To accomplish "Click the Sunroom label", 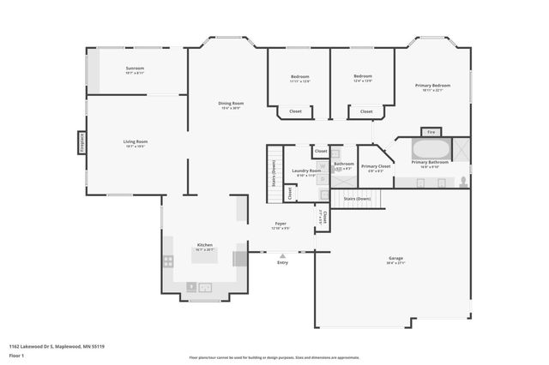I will [x=135, y=68].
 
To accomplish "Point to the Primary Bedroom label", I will [x=432, y=86].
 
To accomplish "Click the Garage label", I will [x=395, y=258].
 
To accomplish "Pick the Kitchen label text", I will [x=204, y=244].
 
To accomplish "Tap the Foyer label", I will [x=281, y=225].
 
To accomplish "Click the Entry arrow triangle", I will [x=282, y=255].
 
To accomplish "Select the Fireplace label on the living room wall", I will [x=81, y=142].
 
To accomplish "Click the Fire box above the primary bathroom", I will [x=431, y=132].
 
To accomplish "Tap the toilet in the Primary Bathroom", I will [x=463, y=181].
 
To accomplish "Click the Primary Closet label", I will [x=376, y=166].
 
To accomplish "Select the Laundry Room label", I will [x=306, y=171].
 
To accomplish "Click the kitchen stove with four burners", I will [x=169, y=260].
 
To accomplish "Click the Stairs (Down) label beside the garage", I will [x=356, y=199].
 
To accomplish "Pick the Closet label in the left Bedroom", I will [x=295, y=111].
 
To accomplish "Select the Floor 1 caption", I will [x=16, y=355].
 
